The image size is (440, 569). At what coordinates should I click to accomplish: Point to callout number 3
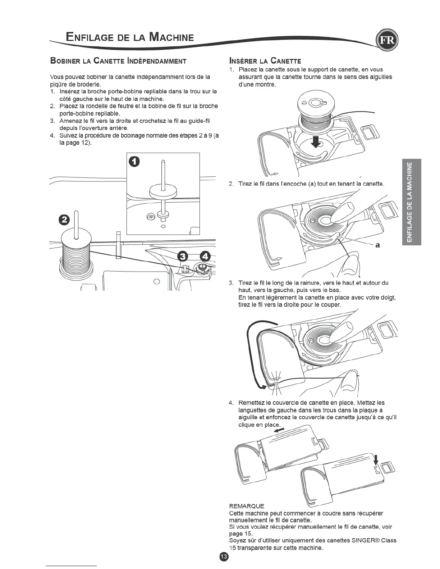click(x=183, y=256)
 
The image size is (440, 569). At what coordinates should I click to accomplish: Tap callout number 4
click(x=205, y=256)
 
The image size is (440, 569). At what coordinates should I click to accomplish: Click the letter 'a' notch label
click(x=377, y=245)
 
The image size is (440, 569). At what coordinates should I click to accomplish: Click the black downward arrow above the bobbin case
click(x=316, y=141)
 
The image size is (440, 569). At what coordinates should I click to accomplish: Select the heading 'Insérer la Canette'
click(x=265, y=60)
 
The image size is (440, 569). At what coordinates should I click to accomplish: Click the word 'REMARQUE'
click(x=247, y=506)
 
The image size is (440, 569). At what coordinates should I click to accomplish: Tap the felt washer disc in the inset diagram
click(x=163, y=191)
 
